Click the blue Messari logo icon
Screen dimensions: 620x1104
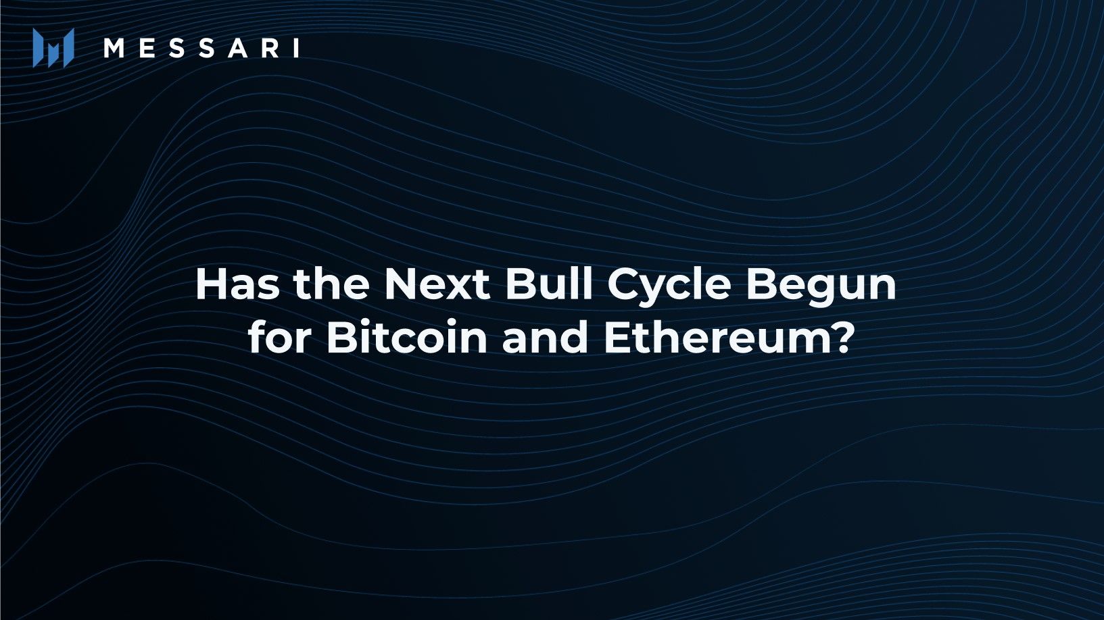tap(53, 48)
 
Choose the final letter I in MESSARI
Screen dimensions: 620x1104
tap(297, 48)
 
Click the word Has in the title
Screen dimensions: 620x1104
tap(237, 284)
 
